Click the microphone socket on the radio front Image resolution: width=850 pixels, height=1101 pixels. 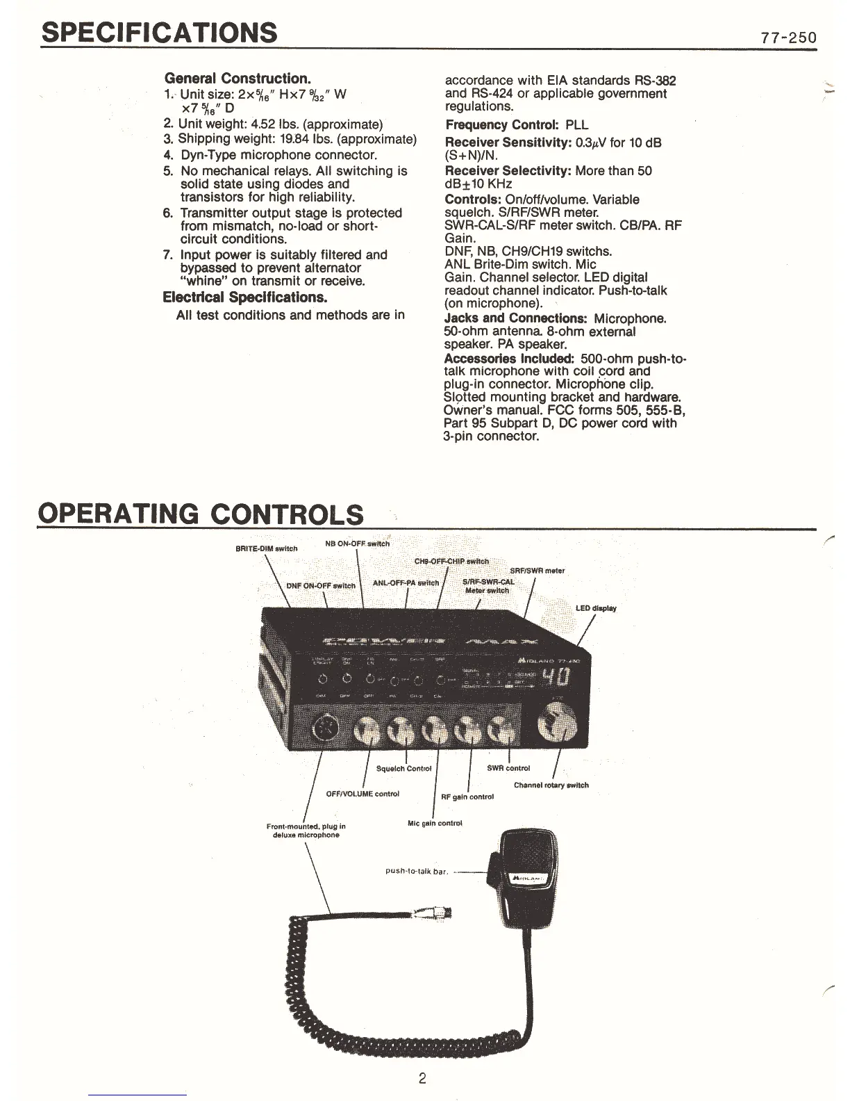[x=324, y=729]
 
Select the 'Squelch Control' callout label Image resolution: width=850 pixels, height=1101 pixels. [x=403, y=769]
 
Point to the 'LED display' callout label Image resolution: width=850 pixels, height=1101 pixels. [x=596, y=608]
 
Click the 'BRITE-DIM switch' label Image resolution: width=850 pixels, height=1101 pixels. [x=267, y=548]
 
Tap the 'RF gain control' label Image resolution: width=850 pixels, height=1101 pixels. [x=467, y=797]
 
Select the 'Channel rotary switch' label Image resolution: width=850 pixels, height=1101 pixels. [x=551, y=785]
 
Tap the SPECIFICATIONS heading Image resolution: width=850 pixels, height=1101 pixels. [x=160, y=32]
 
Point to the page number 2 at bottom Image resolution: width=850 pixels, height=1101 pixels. [x=422, y=1079]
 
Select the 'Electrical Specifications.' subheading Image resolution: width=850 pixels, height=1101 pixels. [x=244, y=297]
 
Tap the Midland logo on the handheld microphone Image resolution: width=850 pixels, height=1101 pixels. [x=530, y=879]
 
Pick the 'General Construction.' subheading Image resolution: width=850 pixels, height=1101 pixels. [x=237, y=79]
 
